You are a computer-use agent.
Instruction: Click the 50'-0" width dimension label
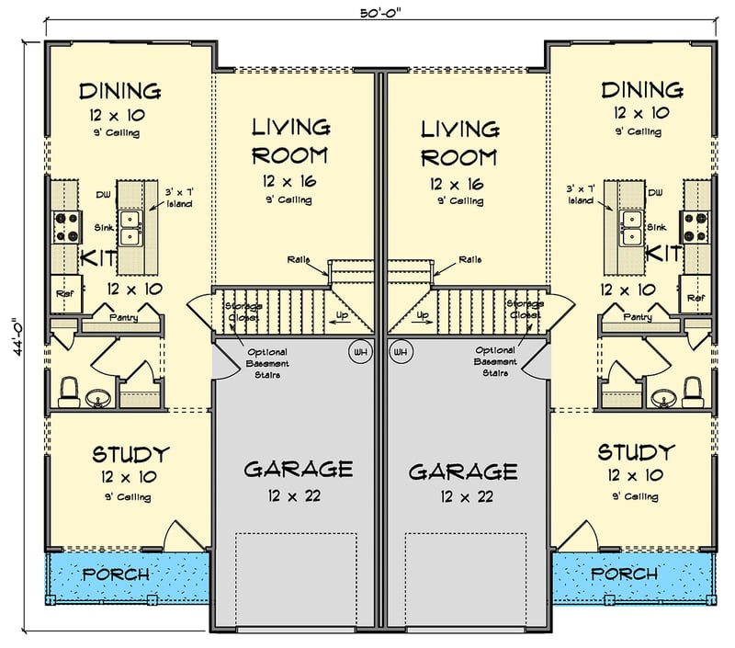[380, 13]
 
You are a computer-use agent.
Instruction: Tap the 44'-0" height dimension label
[17, 337]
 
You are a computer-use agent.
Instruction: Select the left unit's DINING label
[119, 91]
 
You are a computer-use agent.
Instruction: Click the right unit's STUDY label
[636, 452]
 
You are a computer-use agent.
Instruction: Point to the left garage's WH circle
[360, 352]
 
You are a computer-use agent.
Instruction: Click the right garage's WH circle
[401, 352]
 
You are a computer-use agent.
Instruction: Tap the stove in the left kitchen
[66, 227]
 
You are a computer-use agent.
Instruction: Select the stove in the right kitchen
[695, 226]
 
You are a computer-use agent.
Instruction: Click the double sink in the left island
[130, 228]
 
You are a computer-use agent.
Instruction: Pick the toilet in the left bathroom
[69, 392]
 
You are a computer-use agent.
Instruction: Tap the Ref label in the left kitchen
[64, 294]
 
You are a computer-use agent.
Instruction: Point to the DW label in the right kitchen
[655, 193]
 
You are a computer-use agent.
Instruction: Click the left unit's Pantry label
[124, 317]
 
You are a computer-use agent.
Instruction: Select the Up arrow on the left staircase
[342, 319]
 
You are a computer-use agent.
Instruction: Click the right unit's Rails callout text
[469, 259]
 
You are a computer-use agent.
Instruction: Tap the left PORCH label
[116, 574]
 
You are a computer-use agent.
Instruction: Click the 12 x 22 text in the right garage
[467, 496]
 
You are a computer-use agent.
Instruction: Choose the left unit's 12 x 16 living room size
[289, 181]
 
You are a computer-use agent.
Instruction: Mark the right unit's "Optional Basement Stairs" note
[495, 361]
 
